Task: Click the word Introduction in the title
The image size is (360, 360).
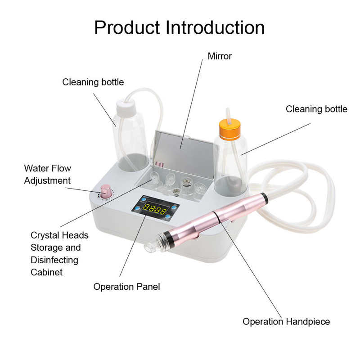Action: point(216,27)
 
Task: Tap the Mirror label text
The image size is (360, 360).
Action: point(220,56)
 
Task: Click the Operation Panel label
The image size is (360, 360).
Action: point(126,287)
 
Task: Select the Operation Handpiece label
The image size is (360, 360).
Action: point(286,321)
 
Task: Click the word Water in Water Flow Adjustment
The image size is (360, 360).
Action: point(36,169)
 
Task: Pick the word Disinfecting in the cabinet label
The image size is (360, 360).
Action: point(54,260)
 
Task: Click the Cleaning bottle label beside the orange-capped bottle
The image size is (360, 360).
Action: point(316,109)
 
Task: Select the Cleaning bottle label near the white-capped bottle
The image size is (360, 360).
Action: point(93,82)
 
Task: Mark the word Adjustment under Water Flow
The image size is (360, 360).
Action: point(47,181)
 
